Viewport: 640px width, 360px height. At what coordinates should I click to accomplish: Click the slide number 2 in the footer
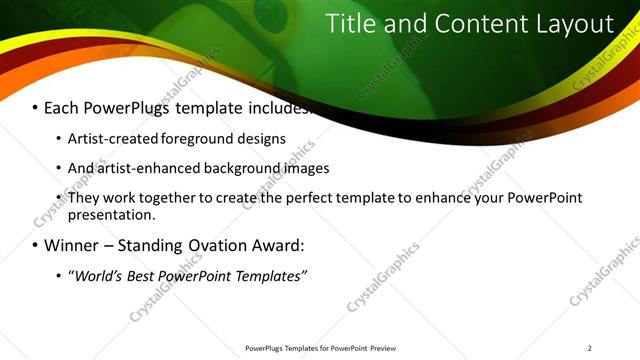click(x=590, y=348)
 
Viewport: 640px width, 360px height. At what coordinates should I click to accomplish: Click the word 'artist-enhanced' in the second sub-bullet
click(x=147, y=168)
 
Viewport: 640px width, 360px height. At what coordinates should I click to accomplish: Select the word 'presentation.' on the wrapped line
click(x=112, y=214)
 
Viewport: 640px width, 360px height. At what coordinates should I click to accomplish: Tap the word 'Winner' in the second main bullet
click(x=73, y=245)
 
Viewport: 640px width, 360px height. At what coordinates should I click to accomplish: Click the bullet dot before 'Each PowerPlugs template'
click(x=36, y=108)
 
